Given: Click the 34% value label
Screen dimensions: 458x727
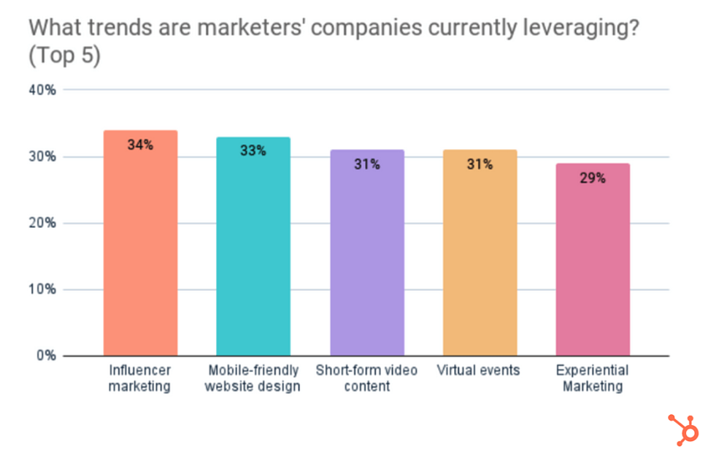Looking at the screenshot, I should (140, 145).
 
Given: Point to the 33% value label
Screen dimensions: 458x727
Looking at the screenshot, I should (253, 151).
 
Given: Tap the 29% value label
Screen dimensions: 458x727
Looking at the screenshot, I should (593, 178).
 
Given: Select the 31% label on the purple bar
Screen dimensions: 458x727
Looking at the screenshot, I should (367, 164).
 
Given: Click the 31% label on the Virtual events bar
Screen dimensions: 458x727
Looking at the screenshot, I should (480, 164).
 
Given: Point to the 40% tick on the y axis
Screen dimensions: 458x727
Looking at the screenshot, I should (42, 91).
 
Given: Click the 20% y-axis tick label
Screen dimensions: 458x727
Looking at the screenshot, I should (42, 224).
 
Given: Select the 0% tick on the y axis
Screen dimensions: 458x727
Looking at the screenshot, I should (45, 356).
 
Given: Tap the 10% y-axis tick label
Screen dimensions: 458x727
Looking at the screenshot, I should (42, 290).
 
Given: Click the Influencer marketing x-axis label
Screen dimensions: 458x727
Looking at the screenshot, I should (140, 378).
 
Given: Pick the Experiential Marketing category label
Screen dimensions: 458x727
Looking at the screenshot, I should (593, 378).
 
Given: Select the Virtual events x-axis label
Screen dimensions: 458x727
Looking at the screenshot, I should (479, 370).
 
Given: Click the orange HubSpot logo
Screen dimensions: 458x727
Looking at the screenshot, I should (684, 430).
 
